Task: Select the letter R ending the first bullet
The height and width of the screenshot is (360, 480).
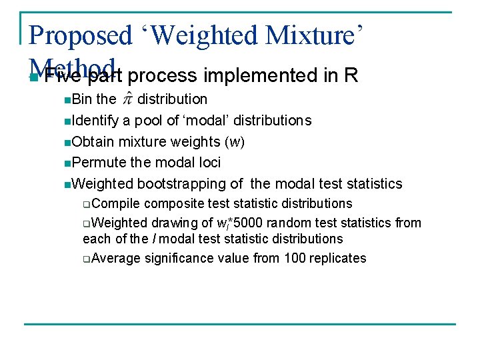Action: coord(351,76)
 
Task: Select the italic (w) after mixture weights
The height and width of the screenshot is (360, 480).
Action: coord(235,142)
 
